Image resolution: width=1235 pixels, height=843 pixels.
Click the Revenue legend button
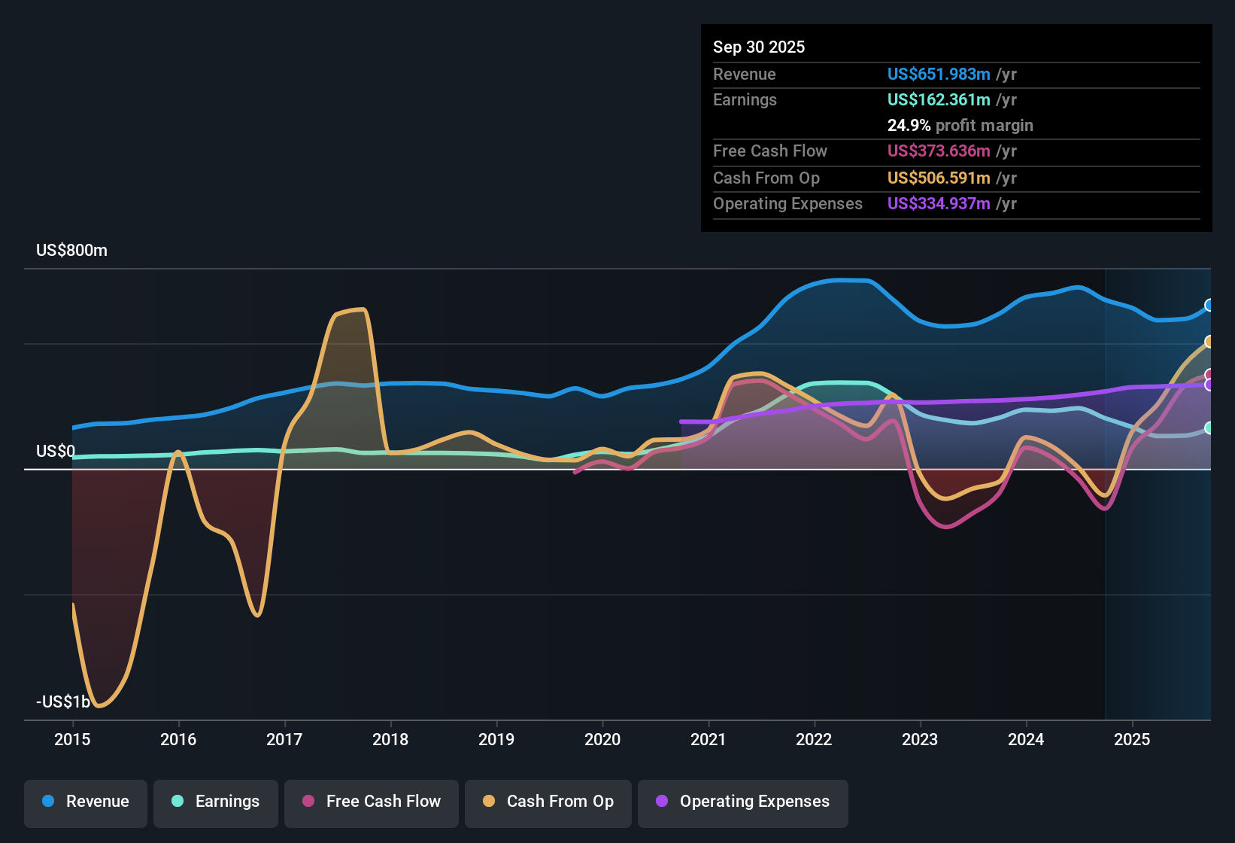(x=86, y=802)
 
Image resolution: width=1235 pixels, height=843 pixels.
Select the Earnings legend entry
(x=216, y=802)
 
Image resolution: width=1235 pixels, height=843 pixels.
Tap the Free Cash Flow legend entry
(x=372, y=802)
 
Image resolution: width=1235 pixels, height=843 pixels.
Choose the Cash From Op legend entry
(x=548, y=802)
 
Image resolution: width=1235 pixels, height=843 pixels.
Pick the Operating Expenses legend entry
(x=743, y=802)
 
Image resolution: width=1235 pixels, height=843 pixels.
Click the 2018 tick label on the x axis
(x=390, y=740)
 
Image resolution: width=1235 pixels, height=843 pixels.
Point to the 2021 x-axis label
(x=708, y=740)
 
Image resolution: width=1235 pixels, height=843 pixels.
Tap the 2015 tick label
(x=72, y=740)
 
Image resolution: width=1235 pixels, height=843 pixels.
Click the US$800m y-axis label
(x=71, y=251)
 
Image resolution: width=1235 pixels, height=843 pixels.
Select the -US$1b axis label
(x=63, y=702)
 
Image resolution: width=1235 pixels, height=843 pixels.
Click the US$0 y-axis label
(x=56, y=452)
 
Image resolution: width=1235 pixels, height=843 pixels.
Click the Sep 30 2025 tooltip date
(x=758, y=47)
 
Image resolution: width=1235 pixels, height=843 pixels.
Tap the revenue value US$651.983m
(x=938, y=75)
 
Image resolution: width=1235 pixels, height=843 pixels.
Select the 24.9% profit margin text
(x=960, y=126)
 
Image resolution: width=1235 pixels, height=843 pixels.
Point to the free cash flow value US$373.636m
(x=938, y=151)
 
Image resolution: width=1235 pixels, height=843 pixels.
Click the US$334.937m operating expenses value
(x=938, y=204)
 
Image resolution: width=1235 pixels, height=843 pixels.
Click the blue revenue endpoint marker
(x=1209, y=305)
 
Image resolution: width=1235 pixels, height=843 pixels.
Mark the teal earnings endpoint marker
(x=1209, y=428)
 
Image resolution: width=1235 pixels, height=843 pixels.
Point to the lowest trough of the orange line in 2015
(x=100, y=706)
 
